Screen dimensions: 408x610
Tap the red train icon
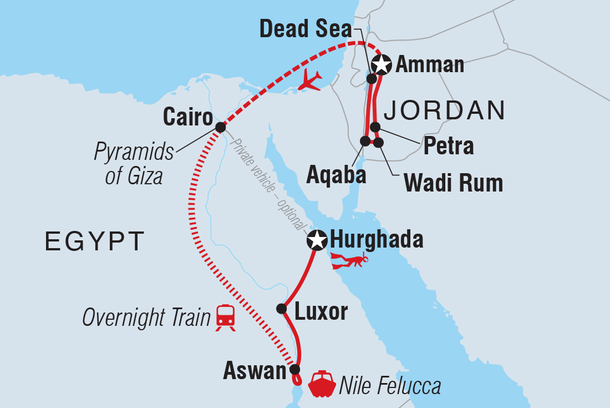[x=225, y=318]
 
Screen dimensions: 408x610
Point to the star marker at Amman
[x=382, y=64]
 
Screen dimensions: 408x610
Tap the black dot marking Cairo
[x=220, y=127]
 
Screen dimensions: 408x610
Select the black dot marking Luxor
[x=282, y=309]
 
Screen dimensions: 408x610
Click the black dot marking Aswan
[x=295, y=369]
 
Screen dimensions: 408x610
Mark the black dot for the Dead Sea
[x=372, y=79]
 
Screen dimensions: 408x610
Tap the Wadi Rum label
[x=453, y=183]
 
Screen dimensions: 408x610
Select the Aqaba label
[x=337, y=175]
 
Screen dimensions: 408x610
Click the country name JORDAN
[x=444, y=111]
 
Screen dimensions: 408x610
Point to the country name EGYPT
[x=95, y=241]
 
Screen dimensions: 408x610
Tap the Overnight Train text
[x=146, y=318]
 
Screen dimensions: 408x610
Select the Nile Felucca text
[x=389, y=385]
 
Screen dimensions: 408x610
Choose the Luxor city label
[x=321, y=312]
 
